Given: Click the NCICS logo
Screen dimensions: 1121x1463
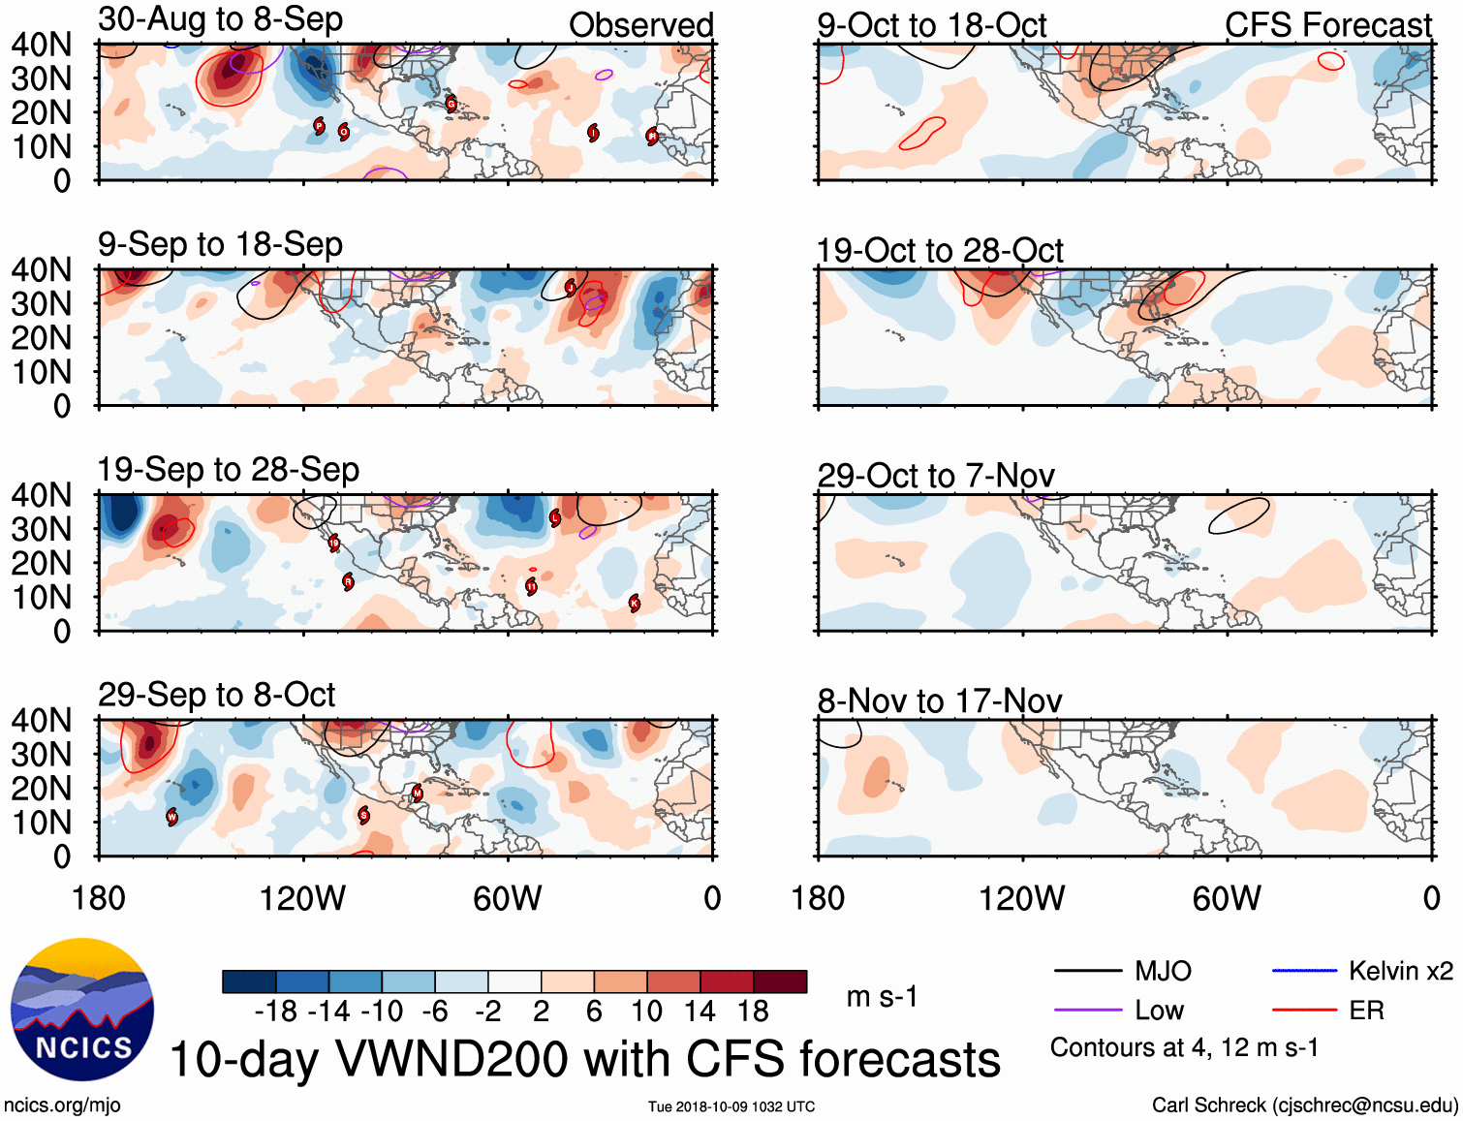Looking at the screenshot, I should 82,1010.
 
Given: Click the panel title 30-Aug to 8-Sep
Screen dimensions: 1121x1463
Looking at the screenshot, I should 220,19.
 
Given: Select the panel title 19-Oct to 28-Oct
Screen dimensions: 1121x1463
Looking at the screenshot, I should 940,251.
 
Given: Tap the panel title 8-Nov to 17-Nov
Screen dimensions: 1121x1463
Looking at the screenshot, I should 940,701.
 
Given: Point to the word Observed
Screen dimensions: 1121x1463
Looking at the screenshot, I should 640,25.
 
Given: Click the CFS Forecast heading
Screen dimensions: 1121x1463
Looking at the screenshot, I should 1327,25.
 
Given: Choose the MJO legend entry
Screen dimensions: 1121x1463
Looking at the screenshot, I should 1163,971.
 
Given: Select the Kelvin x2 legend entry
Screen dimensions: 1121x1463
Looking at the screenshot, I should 1400,971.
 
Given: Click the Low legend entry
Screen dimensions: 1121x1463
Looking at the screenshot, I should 1159,1011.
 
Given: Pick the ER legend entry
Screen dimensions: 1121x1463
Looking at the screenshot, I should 1366,1011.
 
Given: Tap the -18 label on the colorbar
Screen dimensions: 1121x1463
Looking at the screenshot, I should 276,1012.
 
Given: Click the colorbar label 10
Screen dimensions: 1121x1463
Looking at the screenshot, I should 646,1012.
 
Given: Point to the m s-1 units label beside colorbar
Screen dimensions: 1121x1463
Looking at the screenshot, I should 882,996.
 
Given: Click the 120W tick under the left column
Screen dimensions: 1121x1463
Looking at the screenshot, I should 302,898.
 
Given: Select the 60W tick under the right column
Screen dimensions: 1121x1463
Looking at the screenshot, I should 1227,898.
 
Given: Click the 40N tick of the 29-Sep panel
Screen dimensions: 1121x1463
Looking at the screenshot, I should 42,720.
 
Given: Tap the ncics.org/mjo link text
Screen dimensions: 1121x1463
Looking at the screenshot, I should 62,1105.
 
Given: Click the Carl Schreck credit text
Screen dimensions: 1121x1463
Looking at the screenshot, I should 1304,1105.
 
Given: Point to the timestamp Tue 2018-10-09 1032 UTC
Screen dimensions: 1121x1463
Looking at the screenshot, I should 731,1106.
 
